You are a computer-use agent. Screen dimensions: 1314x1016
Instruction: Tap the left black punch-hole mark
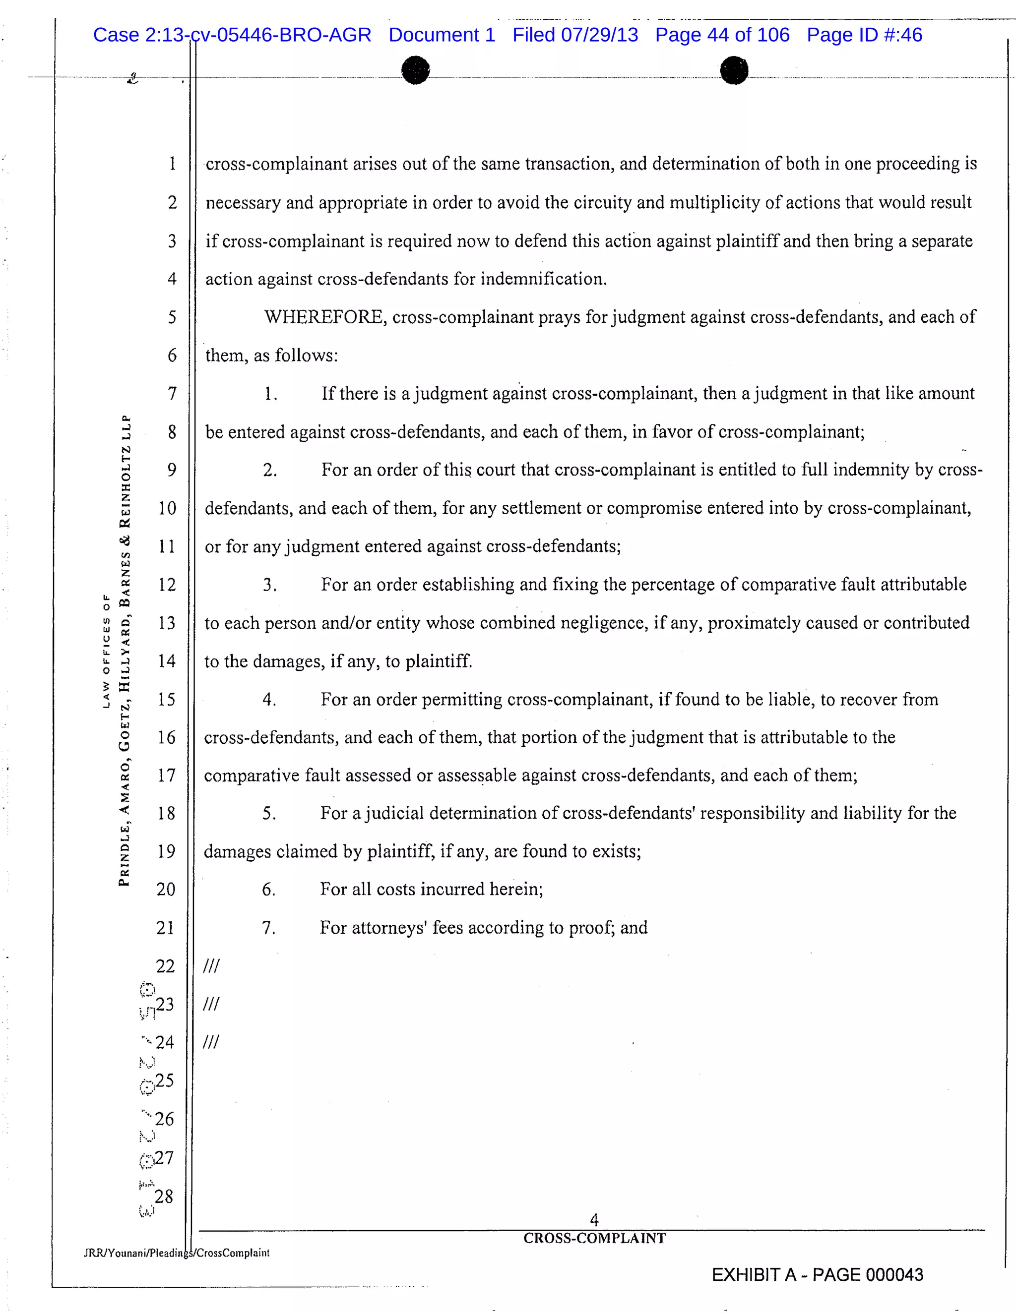[x=415, y=70]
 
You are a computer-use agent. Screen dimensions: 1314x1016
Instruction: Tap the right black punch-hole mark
[x=734, y=70]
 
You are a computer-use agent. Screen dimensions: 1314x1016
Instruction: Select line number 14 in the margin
[x=167, y=661]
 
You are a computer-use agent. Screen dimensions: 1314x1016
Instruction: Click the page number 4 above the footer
[x=594, y=1220]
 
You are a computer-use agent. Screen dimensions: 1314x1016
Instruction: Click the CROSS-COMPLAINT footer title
[x=594, y=1238]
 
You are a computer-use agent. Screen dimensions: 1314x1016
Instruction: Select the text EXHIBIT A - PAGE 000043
[x=817, y=1275]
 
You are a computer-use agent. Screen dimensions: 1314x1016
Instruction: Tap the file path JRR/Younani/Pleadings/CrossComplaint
[x=176, y=1253]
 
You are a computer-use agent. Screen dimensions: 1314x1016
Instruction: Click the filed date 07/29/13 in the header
[x=599, y=35]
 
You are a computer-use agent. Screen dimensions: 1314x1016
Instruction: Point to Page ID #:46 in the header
[x=864, y=35]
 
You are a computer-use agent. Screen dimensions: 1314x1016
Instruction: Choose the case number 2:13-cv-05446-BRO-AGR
[x=257, y=35]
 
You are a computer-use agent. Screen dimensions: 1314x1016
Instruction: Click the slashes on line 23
[x=211, y=1004]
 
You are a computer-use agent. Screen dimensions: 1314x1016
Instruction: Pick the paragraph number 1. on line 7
[x=270, y=394]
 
